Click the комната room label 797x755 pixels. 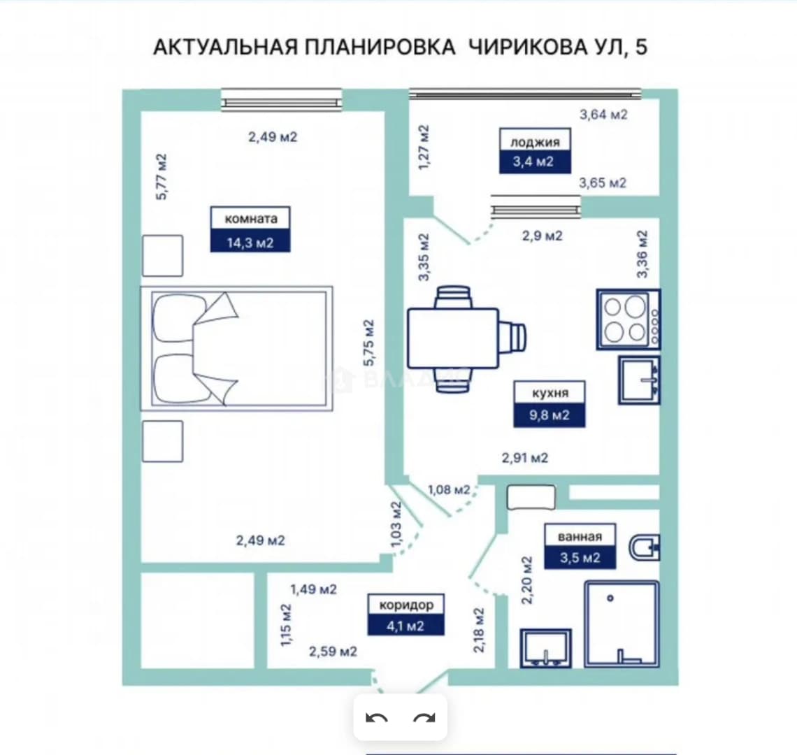[250, 219]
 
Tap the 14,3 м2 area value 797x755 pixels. [250, 243]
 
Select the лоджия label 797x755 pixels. [535, 142]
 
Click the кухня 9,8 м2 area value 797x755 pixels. [549, 415]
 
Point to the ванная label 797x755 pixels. [580, 536]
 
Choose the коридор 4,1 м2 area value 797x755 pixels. [405, 626]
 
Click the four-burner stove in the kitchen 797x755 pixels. [629, 319]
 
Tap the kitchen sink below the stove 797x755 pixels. [640, 380]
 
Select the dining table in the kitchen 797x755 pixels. [453, 338]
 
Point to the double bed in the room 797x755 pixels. [237, 348]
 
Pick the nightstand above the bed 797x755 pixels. [163, 256]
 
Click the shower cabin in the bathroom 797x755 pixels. [622, 624]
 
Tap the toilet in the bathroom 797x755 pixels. [645, 547]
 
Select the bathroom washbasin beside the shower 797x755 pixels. [546, 648]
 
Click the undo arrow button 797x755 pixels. [377, 718]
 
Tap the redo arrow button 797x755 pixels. [424, 718]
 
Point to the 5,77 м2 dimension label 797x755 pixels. [161, 176]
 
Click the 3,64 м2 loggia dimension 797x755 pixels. [603, 115]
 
